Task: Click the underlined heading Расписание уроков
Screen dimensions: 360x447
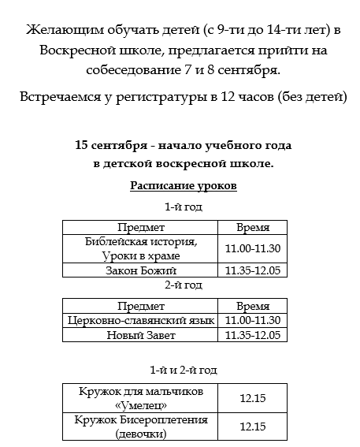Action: [183, 186]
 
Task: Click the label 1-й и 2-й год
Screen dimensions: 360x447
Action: [183, 370]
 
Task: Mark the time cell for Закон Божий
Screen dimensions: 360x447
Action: [253, 270]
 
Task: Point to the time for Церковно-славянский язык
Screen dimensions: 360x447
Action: [253, 321]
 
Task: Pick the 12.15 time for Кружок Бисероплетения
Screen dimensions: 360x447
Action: [253, 427]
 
